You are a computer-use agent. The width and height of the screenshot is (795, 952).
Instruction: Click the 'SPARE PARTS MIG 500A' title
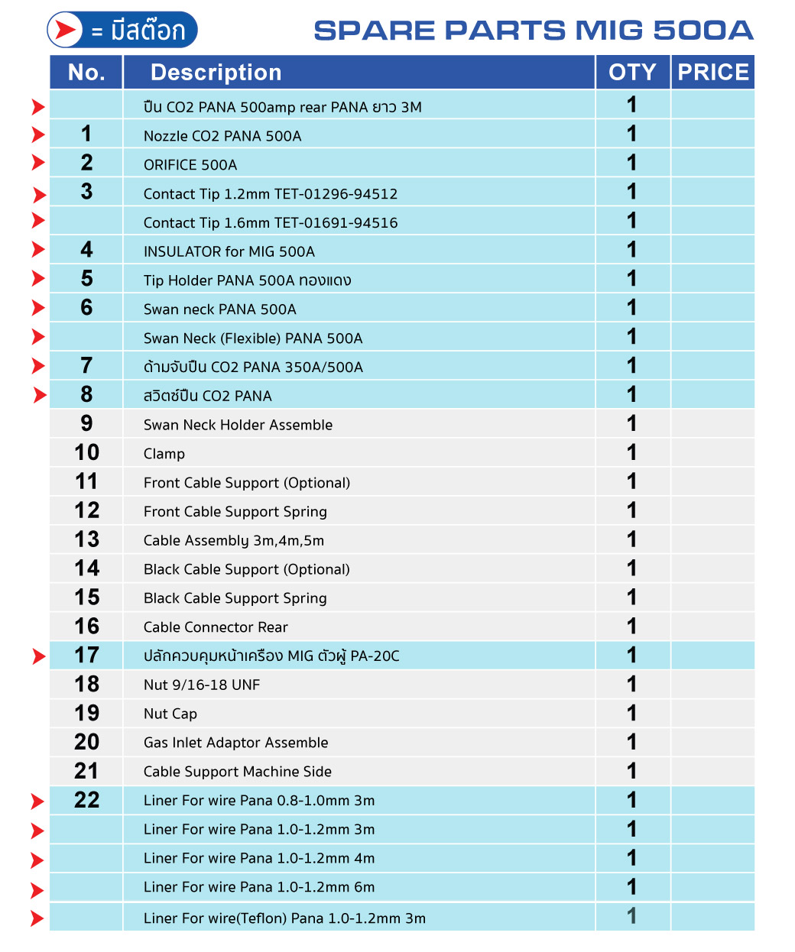[533, 31]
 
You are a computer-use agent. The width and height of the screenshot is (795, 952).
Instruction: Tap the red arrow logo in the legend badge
[65, 31]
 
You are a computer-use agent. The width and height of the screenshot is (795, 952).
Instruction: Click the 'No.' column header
[86, 73]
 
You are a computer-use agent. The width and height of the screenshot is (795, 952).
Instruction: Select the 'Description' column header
[216, 73]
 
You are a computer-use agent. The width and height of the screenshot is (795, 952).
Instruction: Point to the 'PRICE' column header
[712, 73]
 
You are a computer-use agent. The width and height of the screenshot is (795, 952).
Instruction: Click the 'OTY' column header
[632, 73]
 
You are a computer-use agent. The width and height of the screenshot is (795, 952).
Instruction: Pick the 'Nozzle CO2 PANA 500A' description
[222, 136]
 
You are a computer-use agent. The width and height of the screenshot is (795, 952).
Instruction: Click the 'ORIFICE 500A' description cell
[190, 165]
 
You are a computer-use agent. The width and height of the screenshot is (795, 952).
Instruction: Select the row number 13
[87, 539]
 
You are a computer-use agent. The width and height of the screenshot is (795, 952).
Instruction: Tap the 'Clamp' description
[164, 454]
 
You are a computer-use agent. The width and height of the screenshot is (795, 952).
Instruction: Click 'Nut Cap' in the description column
[170, 714]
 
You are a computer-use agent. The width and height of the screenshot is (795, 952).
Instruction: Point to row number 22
[87, 800]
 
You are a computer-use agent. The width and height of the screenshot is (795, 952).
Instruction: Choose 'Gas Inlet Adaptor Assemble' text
[235, 743]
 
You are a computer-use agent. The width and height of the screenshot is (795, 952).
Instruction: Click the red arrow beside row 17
[39, 656]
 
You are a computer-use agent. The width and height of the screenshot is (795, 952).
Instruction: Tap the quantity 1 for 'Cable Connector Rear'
[631, 627]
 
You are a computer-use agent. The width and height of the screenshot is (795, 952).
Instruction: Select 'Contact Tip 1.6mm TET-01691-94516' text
[271, 223]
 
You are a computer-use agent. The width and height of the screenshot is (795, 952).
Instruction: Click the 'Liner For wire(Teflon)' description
[284, 918]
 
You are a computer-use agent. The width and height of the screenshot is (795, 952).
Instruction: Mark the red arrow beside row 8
[39, 396]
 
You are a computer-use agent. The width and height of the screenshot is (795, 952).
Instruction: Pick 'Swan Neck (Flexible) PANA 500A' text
[253, 338]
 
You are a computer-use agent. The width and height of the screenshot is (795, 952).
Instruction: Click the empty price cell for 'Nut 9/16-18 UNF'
[712, 685]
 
